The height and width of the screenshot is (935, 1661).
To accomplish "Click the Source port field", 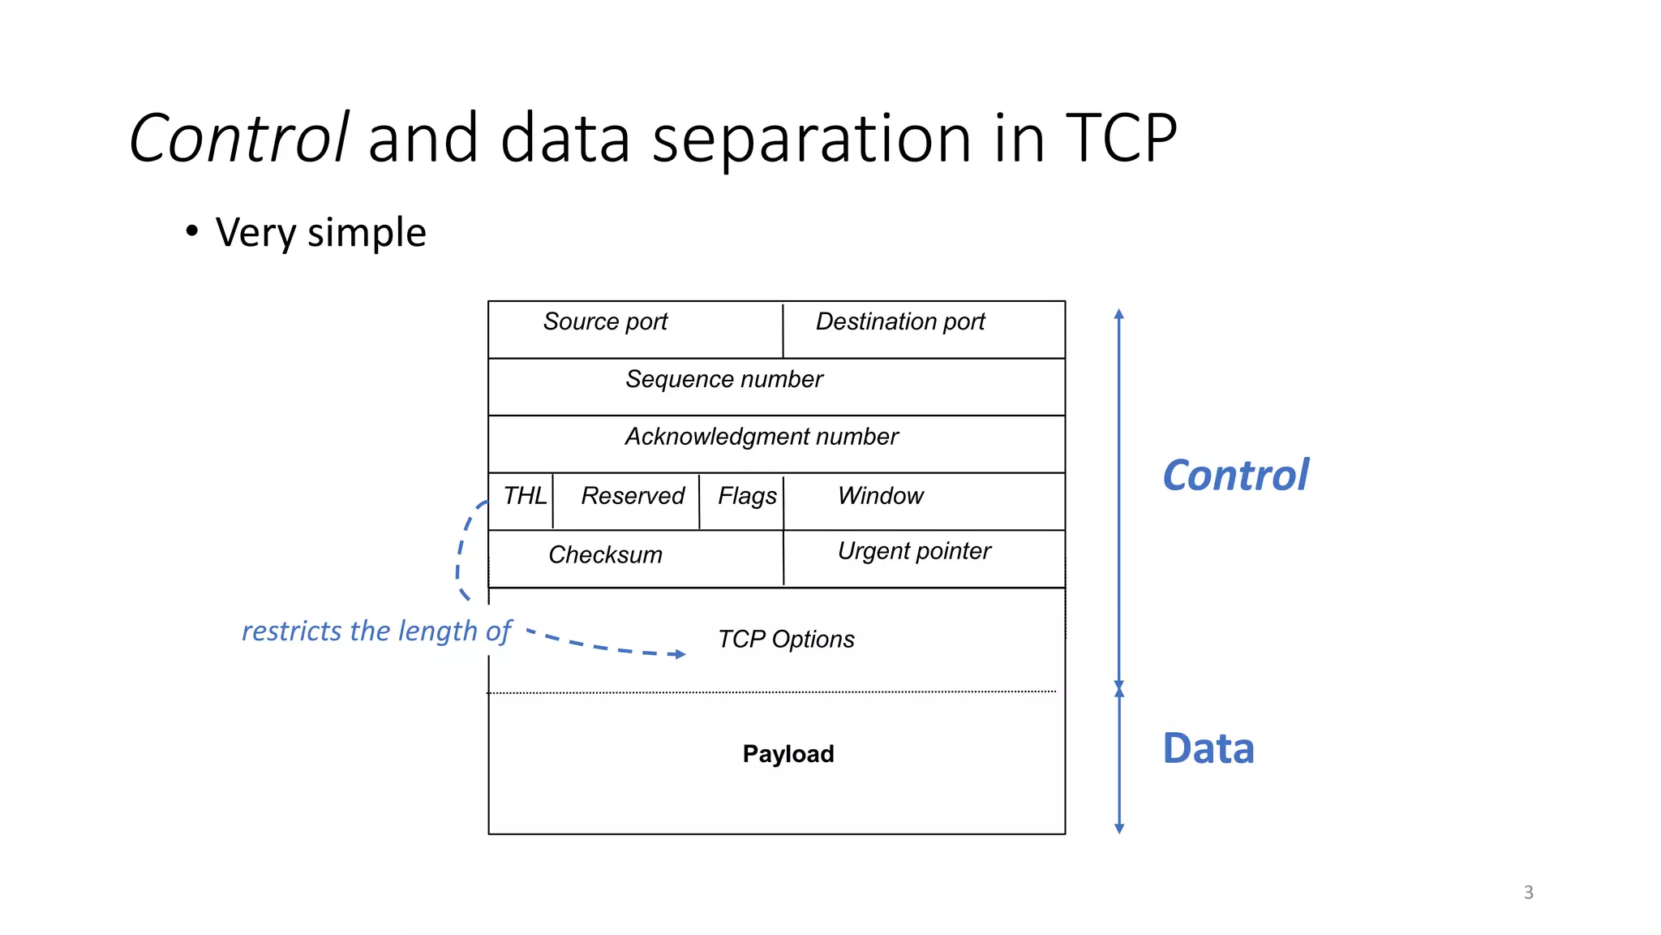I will coord(605,322).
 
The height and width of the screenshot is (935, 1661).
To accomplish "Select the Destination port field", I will coord(900,322).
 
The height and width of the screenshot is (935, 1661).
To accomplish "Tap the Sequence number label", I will coord(724,380).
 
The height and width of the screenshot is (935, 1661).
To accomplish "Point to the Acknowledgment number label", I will coord(762,437).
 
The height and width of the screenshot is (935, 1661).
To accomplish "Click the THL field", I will coord(524,496).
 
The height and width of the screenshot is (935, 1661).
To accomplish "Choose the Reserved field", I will coord(633,496).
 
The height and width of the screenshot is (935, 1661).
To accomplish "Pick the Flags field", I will coord(746,496).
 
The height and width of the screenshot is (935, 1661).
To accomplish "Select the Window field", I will coord(881,496).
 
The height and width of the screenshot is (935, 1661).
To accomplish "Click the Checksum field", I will coord(605,555).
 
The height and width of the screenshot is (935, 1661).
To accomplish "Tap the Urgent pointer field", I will coord(914,552).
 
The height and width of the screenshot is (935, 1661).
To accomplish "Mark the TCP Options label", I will coord(786,640).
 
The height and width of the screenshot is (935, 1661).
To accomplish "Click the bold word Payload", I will coord(788,754).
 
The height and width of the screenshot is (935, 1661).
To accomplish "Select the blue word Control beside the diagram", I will coord(1235,476).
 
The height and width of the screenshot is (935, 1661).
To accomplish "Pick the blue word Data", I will coord(1208,748).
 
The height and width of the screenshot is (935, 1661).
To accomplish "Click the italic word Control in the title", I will coord(238,138).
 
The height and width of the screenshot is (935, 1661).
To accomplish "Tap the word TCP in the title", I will coord(1120,138).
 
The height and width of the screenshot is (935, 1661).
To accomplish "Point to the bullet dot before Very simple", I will coord(191,231).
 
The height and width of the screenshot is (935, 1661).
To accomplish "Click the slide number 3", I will coord(1529,893).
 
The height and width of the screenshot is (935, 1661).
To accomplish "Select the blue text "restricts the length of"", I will coord(376,631).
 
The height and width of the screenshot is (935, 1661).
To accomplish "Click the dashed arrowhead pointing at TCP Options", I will coord(680,654).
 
